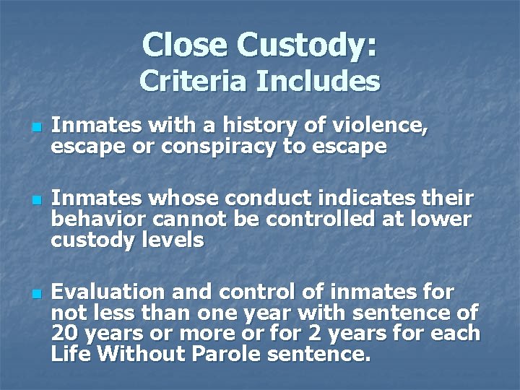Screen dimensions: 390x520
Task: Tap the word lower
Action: [438, 219]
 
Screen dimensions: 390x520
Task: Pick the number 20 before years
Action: [64, 334]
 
